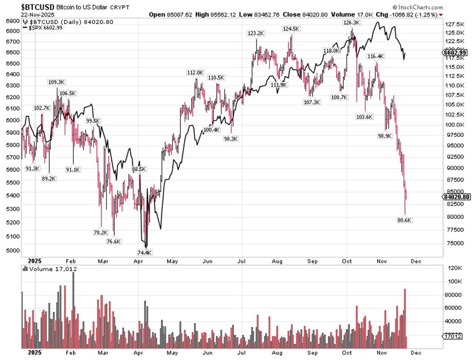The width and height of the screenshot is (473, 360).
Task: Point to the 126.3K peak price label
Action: point(352,23)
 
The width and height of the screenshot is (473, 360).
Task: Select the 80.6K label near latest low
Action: point(404,220)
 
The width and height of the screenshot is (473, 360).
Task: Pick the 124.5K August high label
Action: point(291,29)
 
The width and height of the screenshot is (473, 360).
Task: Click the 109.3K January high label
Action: point(56,82)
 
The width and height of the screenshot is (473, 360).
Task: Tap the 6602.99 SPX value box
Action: point(455,52)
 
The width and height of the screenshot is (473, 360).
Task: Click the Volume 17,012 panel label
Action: point(49,268)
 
